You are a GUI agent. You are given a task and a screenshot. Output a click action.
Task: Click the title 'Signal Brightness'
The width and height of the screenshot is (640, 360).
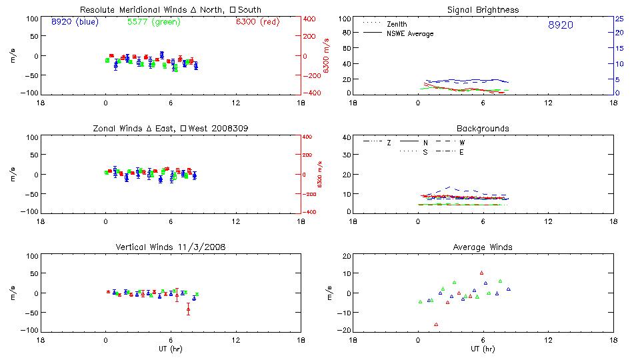pos(483,10)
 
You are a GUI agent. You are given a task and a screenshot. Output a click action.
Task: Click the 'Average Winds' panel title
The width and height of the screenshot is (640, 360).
pos(483,247)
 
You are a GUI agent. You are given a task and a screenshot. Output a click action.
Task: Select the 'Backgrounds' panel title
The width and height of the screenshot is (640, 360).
pos(483,128)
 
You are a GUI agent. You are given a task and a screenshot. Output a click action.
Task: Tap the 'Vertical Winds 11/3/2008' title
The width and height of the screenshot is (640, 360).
pos(171,247)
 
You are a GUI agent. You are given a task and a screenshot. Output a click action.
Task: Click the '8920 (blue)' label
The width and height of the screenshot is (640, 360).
pos(74,22)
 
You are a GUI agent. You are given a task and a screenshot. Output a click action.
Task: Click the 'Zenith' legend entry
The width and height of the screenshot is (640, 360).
pos(397,24)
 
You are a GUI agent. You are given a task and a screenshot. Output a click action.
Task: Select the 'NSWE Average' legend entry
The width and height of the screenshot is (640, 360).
pos(410,33)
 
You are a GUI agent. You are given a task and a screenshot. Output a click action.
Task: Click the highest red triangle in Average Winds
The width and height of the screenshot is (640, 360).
pos(481,273)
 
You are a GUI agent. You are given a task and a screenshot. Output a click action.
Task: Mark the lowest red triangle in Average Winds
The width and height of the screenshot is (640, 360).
pos(437,325)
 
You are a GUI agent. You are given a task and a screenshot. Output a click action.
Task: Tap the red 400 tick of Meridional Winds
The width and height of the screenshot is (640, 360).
pos(311,19)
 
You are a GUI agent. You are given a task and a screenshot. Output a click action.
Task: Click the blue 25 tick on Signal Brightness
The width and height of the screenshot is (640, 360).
pos(619,19)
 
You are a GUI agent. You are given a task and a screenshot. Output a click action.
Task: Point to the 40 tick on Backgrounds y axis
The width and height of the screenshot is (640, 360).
pos(346,138)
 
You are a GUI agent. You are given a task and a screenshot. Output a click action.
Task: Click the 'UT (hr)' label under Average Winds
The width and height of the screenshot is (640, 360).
pos(483,349)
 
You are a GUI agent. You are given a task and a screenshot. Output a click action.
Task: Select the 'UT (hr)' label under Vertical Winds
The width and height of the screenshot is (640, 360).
pos(171,349)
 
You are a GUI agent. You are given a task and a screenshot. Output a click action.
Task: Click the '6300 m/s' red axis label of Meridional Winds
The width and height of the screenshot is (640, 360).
pos(327,55)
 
